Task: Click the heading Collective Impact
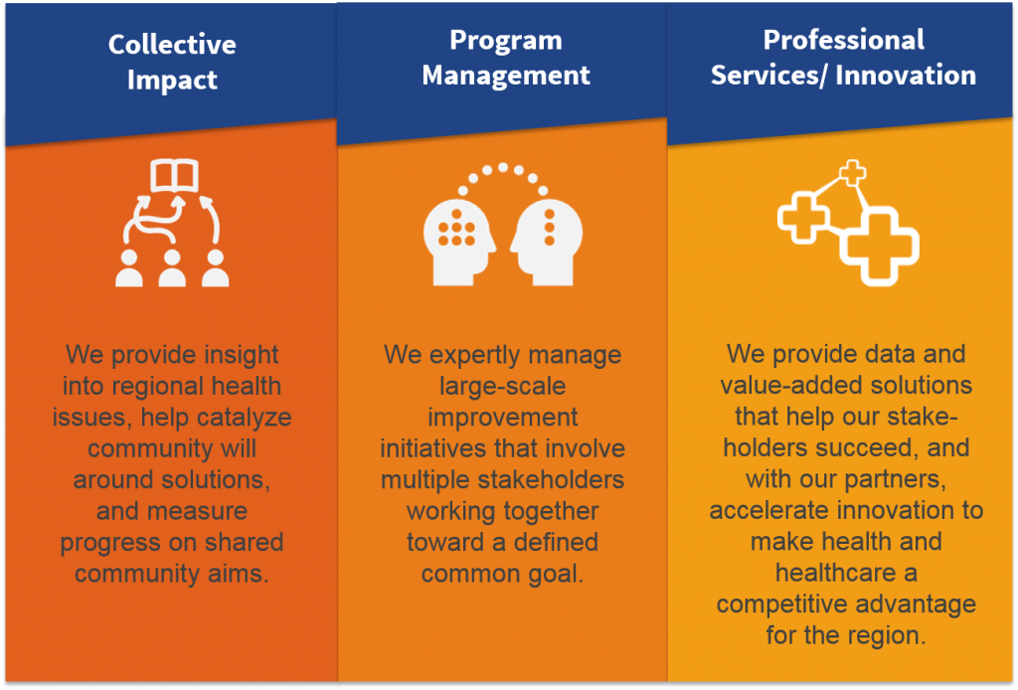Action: coord(172,62)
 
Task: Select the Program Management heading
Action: coord(506,58)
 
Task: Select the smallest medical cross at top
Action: coord(853,173)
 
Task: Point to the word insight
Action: coord(233,355)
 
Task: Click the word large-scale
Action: coord(503,386)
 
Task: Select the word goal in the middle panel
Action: coord(549,574)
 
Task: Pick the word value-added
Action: coord(779,385)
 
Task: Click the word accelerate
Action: coord(775,511)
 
